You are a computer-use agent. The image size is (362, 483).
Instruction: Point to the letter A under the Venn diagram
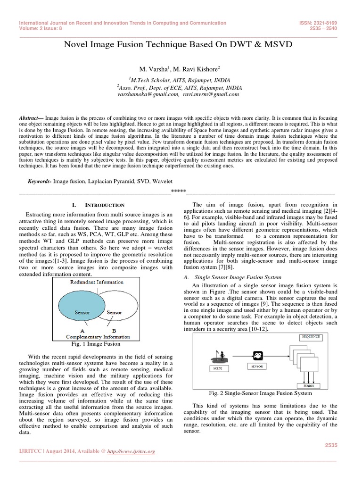82,331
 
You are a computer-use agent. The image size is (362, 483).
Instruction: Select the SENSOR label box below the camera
257,366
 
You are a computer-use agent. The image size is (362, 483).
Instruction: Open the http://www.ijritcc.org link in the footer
132,451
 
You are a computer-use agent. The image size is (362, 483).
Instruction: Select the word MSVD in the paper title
279,45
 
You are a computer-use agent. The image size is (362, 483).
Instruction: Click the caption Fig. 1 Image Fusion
99,343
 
